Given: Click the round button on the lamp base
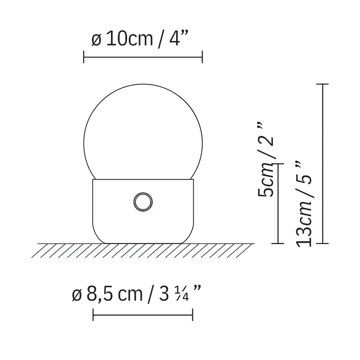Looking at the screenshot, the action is click(x=143, y=202).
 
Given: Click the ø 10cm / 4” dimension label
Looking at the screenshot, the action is click(x=140, y=40).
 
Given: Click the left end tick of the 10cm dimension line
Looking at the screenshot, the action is click(x=84, y=57).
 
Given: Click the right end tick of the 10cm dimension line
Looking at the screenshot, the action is click(x=202, y=57).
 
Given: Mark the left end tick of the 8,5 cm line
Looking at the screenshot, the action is click(x=93, y=315).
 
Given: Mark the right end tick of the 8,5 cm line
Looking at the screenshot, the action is click(x=193, y=315).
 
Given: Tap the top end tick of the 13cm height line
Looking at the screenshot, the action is click(x=322, y=84).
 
